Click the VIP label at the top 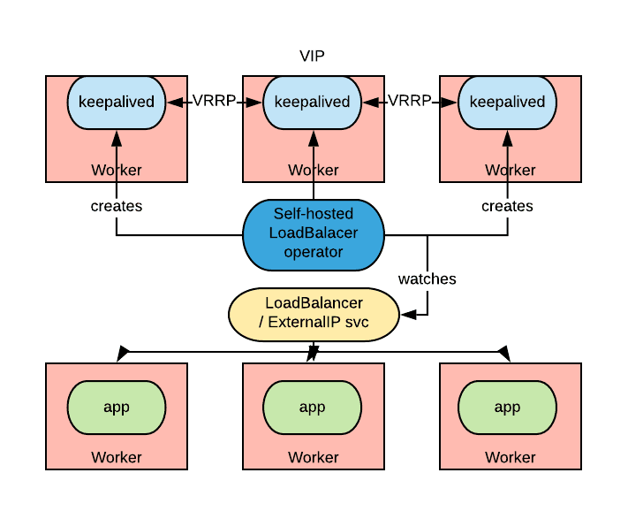(x=313, y=57)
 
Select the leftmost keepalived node (x=117, y=102)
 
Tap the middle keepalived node (x=313, y=102)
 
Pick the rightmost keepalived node (x=507, y=102)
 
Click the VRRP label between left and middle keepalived (x=215, y=101)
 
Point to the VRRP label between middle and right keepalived (x=410, y=101)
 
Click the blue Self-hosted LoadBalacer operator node (x=313, y=234)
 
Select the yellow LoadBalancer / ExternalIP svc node (x=313, y=314)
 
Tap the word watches (x=427, y=279)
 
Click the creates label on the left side (x=117, y=206)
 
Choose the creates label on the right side (x=507, y=206)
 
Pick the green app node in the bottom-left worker (x=117, y=407)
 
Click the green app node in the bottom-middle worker (x=313, y=407)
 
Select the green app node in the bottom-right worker (x=507, y=407)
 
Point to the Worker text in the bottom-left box (x=117, y=457)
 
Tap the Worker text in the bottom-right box (x=510, y=457)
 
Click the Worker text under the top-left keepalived (x=117, y=170)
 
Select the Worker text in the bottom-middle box (x=314, y=457)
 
